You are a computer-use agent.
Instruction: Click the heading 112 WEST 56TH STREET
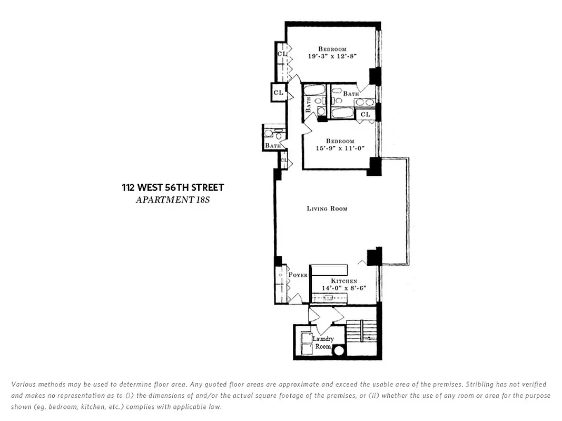(173, 187)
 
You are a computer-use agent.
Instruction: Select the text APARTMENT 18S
(173, 199)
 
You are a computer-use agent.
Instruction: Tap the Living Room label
(327, 209)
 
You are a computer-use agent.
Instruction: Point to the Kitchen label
(344, 281)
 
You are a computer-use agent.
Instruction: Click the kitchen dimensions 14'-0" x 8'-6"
(344, 288)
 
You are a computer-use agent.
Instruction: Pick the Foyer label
(298, 275)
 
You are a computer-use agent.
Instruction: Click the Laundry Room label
(323, 343)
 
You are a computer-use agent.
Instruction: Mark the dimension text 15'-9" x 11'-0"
(340, 148)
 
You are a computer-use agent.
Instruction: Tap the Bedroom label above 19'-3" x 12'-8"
(332, 49)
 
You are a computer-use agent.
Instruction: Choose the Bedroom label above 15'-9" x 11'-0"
(340, 141)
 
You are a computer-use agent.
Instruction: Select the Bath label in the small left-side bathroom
(273, 145)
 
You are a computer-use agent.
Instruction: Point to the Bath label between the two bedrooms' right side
(351, 94)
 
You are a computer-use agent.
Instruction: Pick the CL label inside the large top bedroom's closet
(282, 54)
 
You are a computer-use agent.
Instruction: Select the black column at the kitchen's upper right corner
(374, 256)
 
